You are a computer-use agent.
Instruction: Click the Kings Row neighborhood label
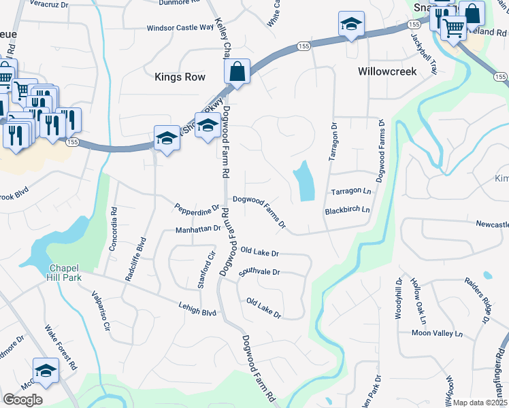click(180, 77)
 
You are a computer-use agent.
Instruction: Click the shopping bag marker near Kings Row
click(237, 71)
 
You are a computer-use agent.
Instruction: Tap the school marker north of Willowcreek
click(351, 24)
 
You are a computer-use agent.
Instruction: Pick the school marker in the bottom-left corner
click(46, 370)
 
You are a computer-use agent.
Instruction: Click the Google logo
click(23, 400)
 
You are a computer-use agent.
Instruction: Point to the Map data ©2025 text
click(480, 403)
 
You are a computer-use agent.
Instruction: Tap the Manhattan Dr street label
click(198, 230)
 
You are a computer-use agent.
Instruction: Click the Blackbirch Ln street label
click(347, 211)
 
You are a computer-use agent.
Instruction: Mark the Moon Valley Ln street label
click(436, 333)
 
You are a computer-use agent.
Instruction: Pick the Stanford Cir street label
click(206, 271)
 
